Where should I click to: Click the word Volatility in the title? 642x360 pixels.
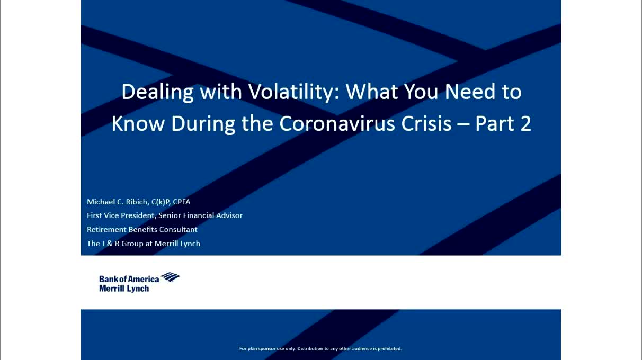[294, 92]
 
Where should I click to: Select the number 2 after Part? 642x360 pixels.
[526, 124]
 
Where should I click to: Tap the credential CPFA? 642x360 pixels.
[181, 202]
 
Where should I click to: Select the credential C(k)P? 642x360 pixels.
[161, 202]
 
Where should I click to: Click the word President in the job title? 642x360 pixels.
[138, 215]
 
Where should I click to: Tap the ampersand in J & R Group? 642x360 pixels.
[110, 244]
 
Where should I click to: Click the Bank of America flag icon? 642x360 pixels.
[170, 277]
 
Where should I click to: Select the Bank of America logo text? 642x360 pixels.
[129, 279]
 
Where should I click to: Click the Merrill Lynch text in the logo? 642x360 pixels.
[124, 289]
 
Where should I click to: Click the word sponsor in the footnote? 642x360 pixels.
[267, 349]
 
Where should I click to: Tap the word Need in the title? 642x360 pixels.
[470, 92]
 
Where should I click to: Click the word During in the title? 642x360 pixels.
[203, 124]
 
